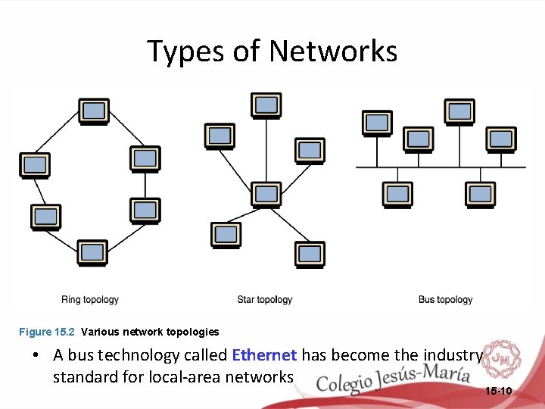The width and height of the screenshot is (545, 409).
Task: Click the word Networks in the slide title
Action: click(x=333, y=52)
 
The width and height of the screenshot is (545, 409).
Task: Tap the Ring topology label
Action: click(x=90, y=300)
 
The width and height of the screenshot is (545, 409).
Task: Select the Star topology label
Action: click(x=264, y=300)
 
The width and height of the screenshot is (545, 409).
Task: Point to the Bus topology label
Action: click(x=445, y=300)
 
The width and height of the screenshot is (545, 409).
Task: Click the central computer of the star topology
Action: click(x=266, y=195)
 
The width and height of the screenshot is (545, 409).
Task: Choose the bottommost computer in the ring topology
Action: click(x=92, y=252)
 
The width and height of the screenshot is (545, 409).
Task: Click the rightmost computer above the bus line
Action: click(x=501, y=139)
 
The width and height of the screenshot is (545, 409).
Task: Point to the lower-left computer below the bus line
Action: click(x=397, y=195)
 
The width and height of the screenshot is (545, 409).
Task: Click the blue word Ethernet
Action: click(x=264, y=355)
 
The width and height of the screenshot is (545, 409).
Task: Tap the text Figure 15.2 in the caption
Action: click(x=46, y=332)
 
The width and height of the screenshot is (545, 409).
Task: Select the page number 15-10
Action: click(x=497, y=391)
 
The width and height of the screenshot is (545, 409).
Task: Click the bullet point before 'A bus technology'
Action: click(x=36, y=355)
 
